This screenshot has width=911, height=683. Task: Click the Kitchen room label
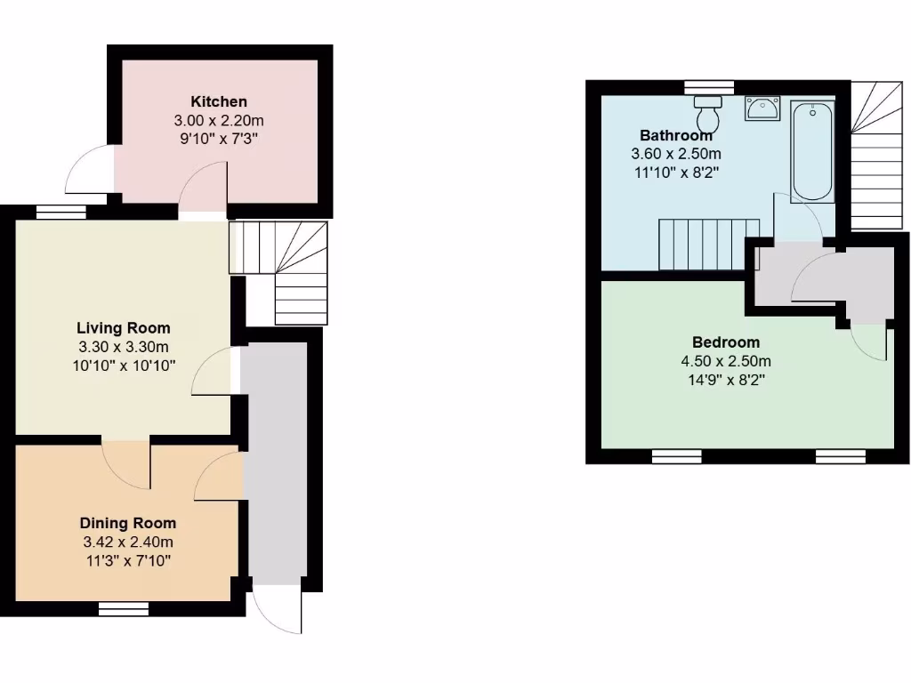[x=218, y=101]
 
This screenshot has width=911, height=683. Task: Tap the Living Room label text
[x=123, y=328]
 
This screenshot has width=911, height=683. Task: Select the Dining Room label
[x=128, y=523]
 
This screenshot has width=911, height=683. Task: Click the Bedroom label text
[x=726, y=342]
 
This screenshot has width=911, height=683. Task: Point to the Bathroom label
[x=676, y=136]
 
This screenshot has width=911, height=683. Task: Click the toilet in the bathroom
[x=709, y=114]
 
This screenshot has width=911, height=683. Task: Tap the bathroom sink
[x=762, y=108]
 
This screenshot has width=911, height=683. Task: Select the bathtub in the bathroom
[x=811, y=150]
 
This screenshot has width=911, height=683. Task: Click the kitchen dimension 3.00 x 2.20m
[x=218, y=120]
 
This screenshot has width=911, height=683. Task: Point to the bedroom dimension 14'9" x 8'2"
[x=726, y=380]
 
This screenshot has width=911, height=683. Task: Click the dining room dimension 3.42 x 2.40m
[x=128, y=542]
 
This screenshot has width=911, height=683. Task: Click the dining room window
[x=123, y=609]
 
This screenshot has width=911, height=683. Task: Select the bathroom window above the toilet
[x=709, y=86]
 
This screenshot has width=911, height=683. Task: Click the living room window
[x=60, y=212]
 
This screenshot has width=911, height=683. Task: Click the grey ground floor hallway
[x=274, y=462]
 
